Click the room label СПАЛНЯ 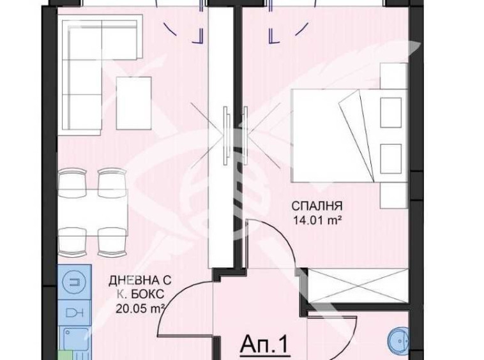pos(317,206)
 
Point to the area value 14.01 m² pos(317,221)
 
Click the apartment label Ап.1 pos(264,345)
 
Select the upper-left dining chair pos(71,181)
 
